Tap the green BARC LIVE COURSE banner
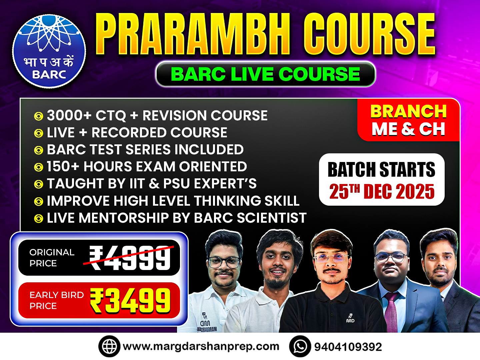(x=265, y=74)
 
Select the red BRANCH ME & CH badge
(x=409, y=120)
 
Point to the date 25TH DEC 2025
(x=382, y=192)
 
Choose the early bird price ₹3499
(x=130, y=301)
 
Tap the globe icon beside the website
(x=109, y=346)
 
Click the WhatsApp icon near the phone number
(x=300, y=346)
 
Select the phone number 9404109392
(x=348, y=347)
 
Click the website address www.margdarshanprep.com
(x=201, y=347)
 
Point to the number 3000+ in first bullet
(x=69, y=116)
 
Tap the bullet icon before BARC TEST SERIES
(x=39, y=150)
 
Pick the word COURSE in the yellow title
(x=369, y=35)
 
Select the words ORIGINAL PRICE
(x=52, y=258)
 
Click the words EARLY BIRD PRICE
(x=56, y=300)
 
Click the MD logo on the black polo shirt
(x=350, y=319)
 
